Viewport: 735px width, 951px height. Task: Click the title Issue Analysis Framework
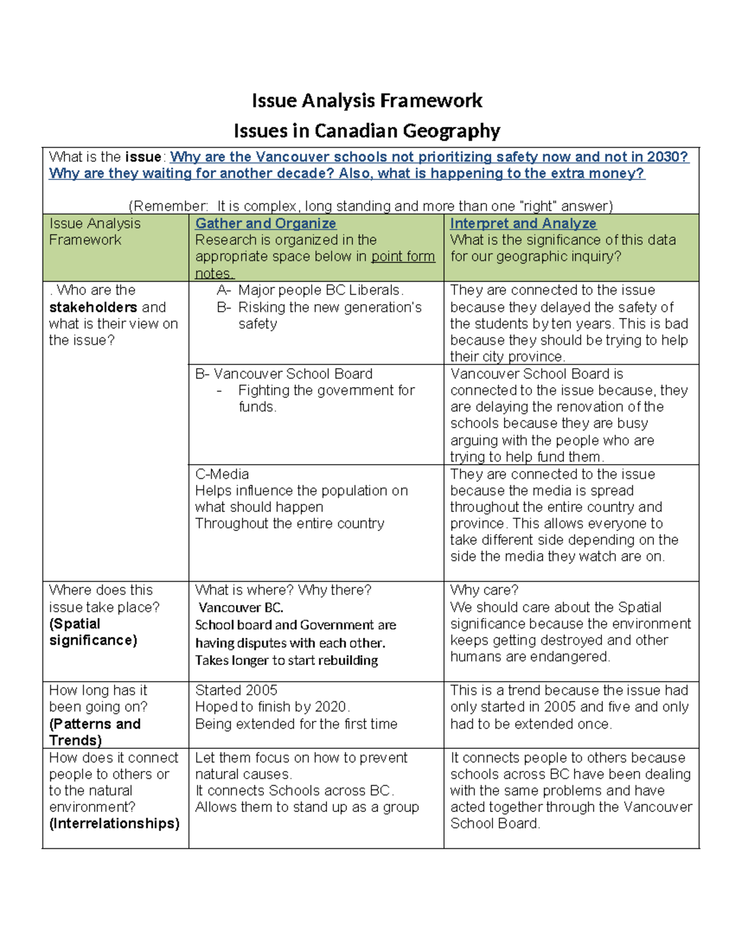coord(367,100)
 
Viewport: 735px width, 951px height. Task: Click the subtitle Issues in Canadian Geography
coord(367,131)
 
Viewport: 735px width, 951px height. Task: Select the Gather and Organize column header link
coord(265,224)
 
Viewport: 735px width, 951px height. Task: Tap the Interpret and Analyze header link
coord(523,224)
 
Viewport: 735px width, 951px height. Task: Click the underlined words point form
coord(403,257)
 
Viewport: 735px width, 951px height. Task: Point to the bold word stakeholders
coord(93,307)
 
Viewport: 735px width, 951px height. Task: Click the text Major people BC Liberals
coord(321,290)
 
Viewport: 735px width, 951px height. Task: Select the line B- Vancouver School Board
coord(284,374)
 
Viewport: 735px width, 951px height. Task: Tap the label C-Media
coord(222,475)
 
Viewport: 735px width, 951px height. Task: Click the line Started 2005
coord(236,691)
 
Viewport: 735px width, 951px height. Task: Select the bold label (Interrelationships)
coord(114,824)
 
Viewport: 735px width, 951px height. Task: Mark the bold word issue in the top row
coord(143,157)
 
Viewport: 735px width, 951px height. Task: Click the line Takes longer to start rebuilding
coord(287,661)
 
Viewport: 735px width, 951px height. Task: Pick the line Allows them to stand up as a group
coord(307,807)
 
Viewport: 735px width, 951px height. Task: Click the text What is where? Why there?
coord(283,590)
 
